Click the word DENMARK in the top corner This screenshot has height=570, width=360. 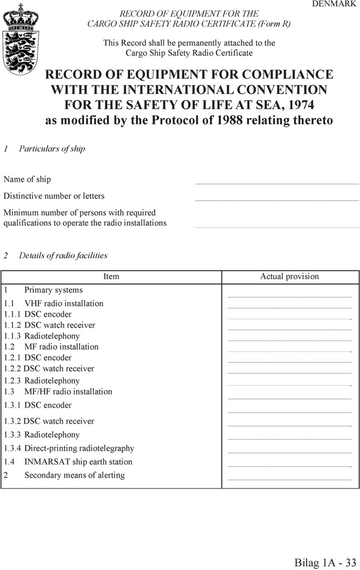tap(334, 4)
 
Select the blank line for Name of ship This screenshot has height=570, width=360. tap(276, 183)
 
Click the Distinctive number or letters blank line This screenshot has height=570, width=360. tap(276, 199)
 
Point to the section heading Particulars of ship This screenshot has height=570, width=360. tap(52, 149)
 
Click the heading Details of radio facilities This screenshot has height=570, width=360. tap(63, 255)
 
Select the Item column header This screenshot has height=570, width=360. tap(111, 277)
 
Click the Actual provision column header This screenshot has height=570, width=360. tap(290, 277)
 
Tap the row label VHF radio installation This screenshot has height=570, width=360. tap(64, 303)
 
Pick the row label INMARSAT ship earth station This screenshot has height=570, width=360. tap(78, 462)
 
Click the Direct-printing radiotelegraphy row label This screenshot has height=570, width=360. tap(79, 448)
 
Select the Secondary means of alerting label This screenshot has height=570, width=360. tap(74, 475)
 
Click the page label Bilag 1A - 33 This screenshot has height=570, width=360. tap(326, 562)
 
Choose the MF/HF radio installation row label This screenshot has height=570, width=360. tap(68, 391)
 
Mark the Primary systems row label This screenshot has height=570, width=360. tap(54, 290)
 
